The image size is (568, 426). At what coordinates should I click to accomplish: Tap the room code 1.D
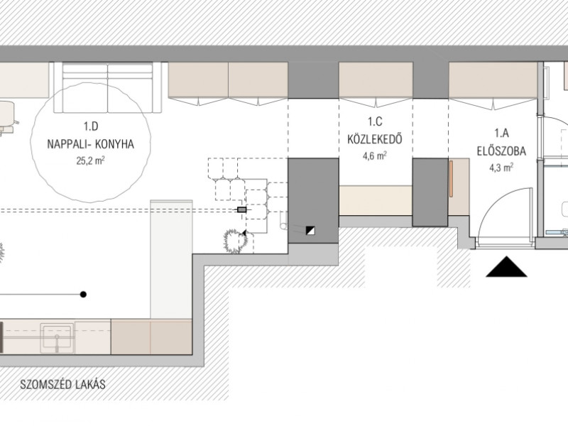(x=91, y=126)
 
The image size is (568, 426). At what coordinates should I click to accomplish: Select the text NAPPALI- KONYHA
(x=91, y=144)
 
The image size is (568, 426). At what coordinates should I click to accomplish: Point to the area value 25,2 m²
(x=91, y=160)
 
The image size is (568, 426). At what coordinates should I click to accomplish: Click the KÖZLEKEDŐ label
(x=375, y=139)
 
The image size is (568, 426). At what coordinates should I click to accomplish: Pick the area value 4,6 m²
(x=375, y=155)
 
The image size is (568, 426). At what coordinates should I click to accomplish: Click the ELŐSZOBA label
(x=501, y=151)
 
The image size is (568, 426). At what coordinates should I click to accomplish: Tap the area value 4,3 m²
(x=501, y=168)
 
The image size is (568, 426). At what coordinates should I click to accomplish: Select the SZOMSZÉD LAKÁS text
(x=62, y=384)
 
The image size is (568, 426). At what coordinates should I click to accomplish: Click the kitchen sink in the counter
(x=57, y=338)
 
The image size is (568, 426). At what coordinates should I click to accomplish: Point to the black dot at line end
(x=83, y=294)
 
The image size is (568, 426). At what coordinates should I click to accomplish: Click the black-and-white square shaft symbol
(x=310, y=230)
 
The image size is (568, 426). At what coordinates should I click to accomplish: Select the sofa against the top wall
(x=108, y=87)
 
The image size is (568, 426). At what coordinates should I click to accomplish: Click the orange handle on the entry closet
(x=451, y=179)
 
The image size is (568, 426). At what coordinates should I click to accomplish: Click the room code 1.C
(x=375, y=121)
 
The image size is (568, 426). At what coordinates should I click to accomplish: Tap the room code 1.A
(x=502, y=133)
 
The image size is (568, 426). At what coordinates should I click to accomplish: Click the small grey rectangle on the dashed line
(x=241, y=209)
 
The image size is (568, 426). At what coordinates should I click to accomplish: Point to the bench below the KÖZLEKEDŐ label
(x=376, y=200)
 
